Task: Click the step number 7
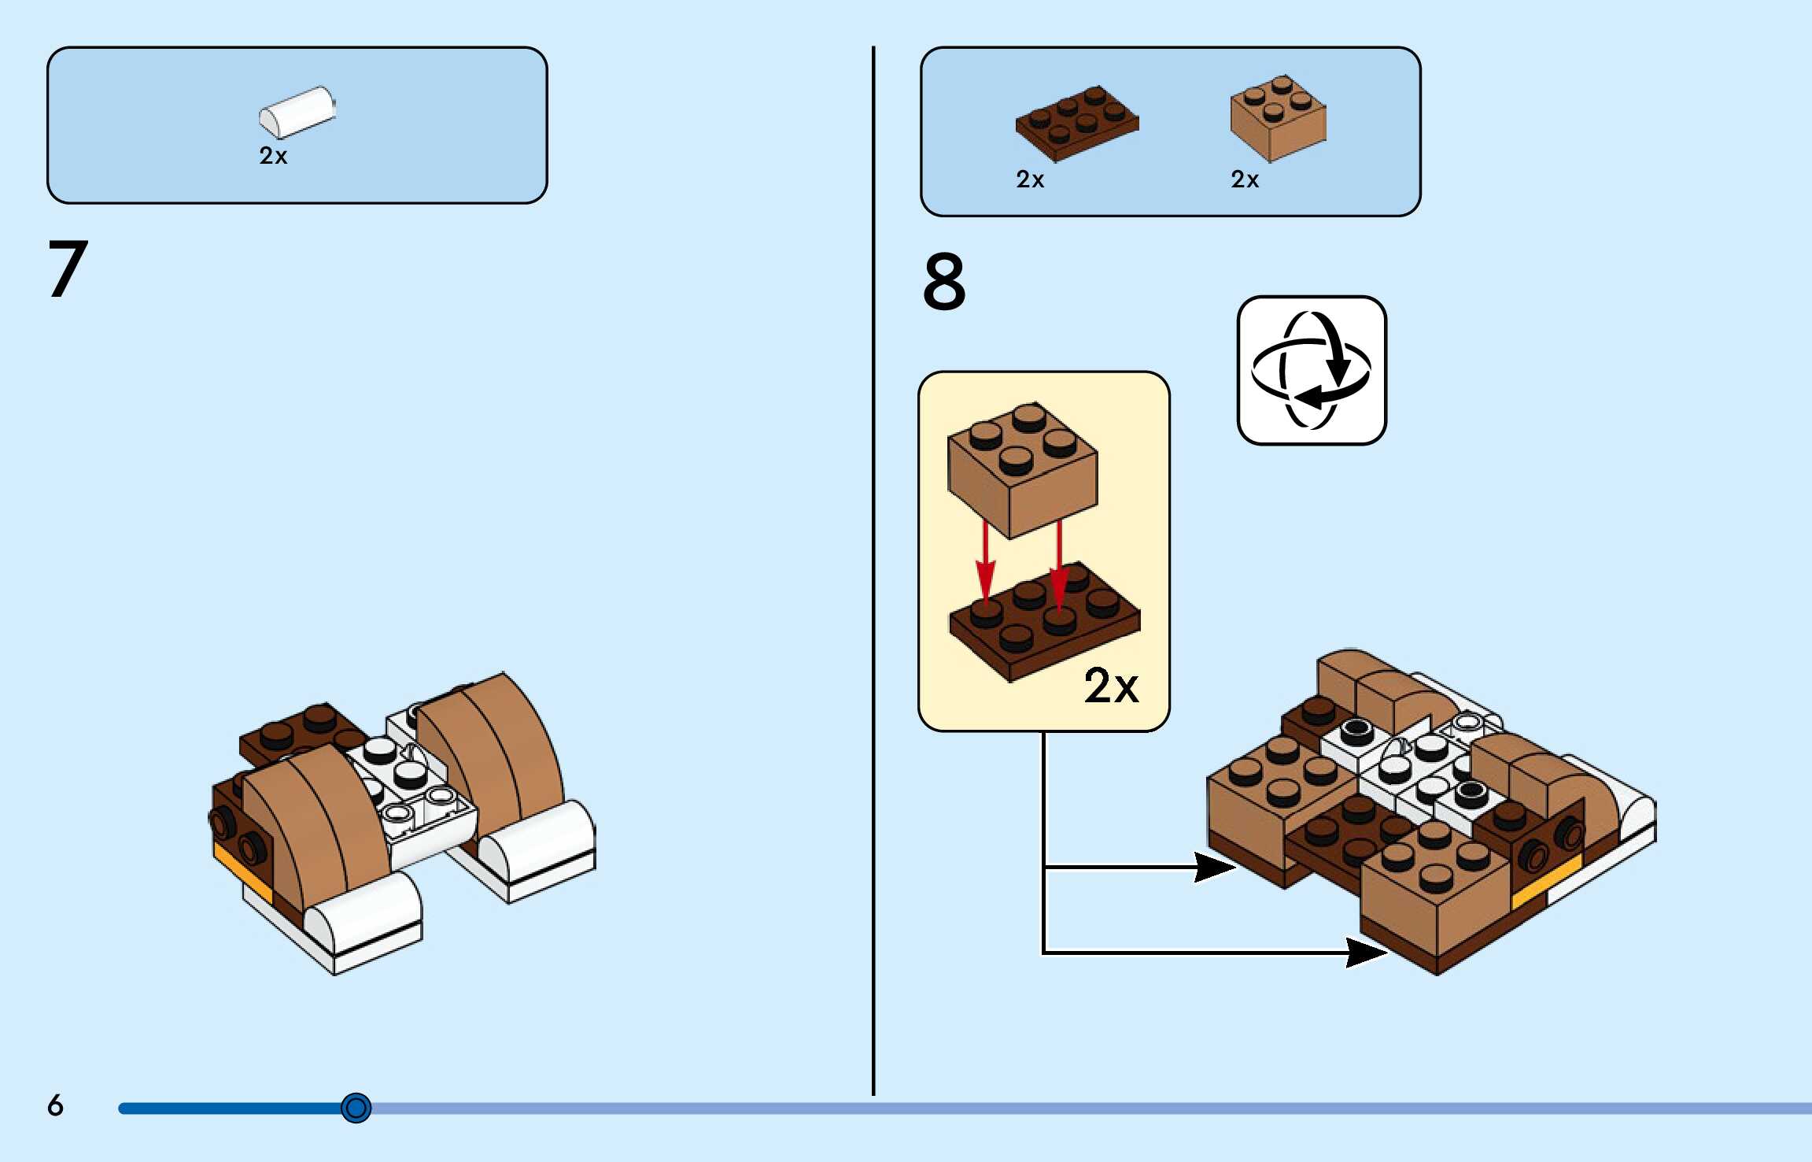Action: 68,269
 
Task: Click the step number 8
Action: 943,281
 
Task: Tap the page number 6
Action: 55,1105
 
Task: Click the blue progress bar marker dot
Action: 356,1108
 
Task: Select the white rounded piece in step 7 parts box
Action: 297,111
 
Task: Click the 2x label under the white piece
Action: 273,156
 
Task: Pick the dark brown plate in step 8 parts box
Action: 1076,123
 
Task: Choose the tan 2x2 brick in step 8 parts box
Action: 1278,117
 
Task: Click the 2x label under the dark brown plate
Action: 1029,179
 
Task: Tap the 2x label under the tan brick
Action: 1244,179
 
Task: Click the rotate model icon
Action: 1312,370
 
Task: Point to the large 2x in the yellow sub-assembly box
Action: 1110,685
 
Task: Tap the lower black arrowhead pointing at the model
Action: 1365,952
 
